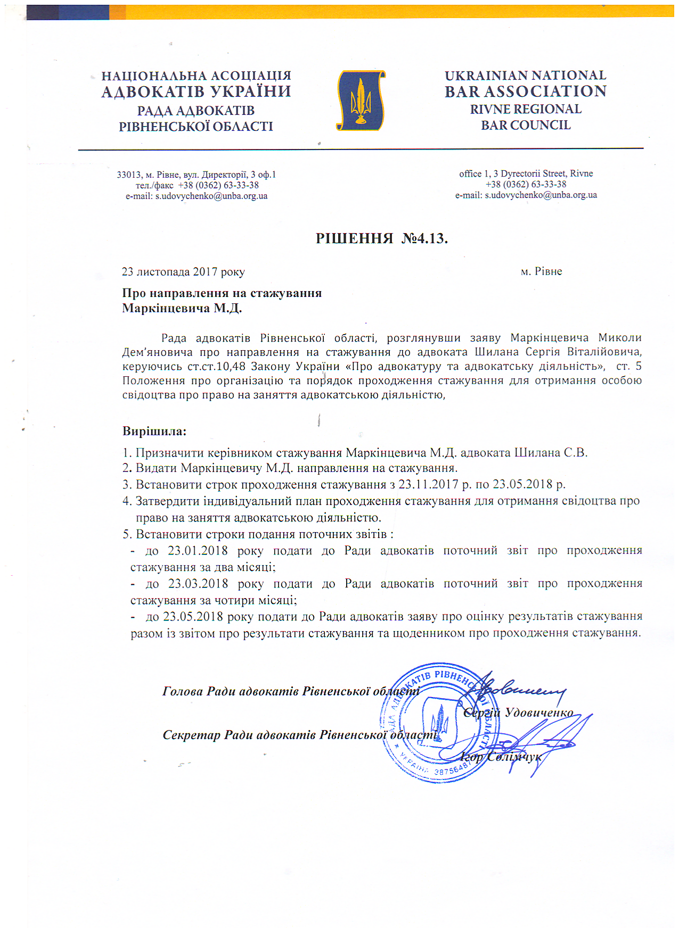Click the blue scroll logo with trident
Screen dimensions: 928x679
(361, 101)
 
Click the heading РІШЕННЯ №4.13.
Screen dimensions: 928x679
(381, 238)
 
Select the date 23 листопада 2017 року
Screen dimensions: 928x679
(183, 272)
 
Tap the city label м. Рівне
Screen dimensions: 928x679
(541, 271)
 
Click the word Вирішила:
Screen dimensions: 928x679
(154, 431)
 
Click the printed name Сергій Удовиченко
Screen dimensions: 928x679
(518, 712)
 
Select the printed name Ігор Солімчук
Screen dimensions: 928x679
(501, 757)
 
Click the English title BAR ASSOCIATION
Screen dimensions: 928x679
(526, 92)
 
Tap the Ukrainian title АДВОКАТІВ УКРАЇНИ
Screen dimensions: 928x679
(196, 92)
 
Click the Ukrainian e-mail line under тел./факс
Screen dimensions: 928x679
(197, 196)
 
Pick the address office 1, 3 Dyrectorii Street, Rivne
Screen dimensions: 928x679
(526, 173)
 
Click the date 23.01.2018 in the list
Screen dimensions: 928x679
(198, 550)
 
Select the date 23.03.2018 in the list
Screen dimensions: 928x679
(198, 583)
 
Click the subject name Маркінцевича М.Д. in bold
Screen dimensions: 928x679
(182, 308)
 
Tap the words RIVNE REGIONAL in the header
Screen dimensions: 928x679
(526, 109)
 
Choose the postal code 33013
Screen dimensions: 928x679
(128, 175)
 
